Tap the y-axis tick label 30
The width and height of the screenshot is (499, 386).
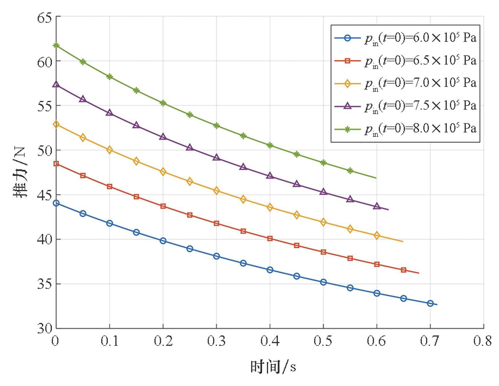pyautogui.click(x=44, y=328)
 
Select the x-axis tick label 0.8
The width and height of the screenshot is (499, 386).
pyautogui.click(x=483, y=341)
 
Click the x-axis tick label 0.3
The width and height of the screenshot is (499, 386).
pyautogui.click(x=216, y=341)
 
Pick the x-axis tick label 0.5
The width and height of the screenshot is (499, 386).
pyautogui.click(x=323, y=341)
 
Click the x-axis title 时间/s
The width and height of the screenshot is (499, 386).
pyautogui.click(x=273, y=367)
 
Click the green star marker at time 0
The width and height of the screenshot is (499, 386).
pyautogui.click(x=56, y=45)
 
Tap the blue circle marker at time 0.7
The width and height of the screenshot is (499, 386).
pyautogui.click(x=430, y=303)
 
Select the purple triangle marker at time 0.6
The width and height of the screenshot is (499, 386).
pyautogui.click(x=377, y=206)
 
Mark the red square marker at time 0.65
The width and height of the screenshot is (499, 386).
pyautogui.click(x=404, y=270)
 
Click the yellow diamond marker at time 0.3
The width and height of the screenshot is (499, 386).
pyautogui.click(x=216, y=191)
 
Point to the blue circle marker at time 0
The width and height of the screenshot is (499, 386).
pyautogui.click(x=56, y=203)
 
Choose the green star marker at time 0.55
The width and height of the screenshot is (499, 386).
pyautogui.click(x=350, y=171)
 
